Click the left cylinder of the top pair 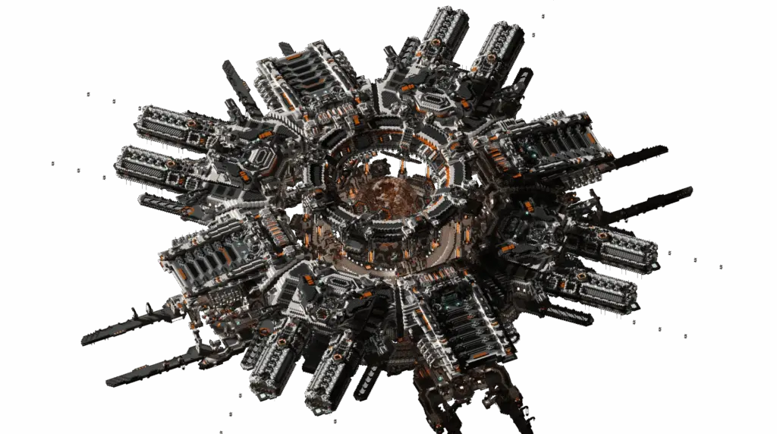coord(444,34)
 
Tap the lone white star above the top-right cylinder coord(542,16)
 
